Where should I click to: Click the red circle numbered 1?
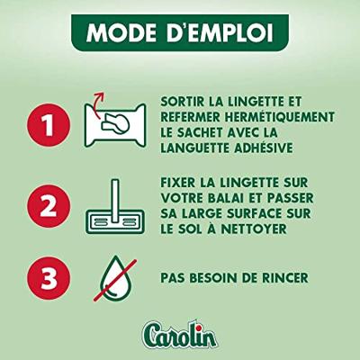49,125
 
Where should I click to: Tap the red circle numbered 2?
49,206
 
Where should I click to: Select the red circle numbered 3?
49,277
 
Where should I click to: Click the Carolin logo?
179,335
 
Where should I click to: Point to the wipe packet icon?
115,125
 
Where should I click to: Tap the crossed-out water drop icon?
115,279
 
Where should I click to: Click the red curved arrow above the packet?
96,103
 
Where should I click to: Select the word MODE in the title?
121,32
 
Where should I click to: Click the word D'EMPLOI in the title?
220,32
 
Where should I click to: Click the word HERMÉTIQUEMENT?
280,117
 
